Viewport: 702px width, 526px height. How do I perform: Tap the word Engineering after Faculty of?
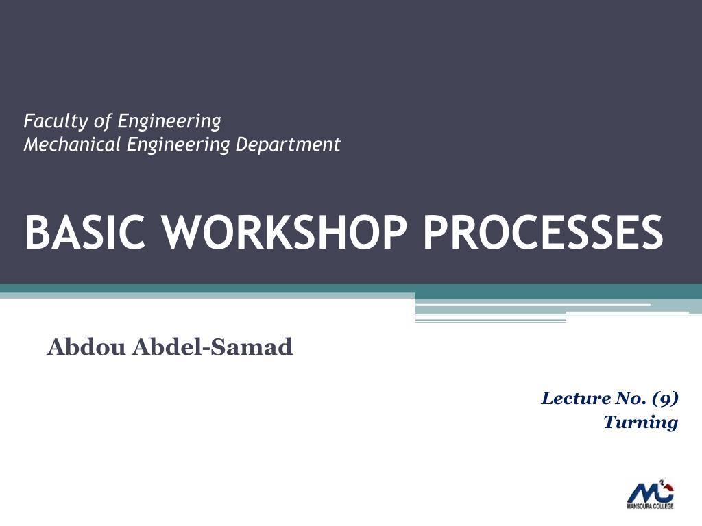[x=169, y=122]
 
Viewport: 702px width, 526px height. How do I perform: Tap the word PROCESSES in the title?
[x=542, y=233]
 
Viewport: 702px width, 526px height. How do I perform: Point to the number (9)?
[x=665, y=398]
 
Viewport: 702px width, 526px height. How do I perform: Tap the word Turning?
[x=640, y=422]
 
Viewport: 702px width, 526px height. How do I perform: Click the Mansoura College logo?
[x=651, y=493]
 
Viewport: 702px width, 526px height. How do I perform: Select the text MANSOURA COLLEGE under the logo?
[x=651, y=506]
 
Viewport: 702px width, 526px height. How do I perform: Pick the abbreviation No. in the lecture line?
[x=632, y=398]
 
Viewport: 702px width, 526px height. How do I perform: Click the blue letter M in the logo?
[x=642, y=493]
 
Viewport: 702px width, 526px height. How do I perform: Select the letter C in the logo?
[x=664, y=494]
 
